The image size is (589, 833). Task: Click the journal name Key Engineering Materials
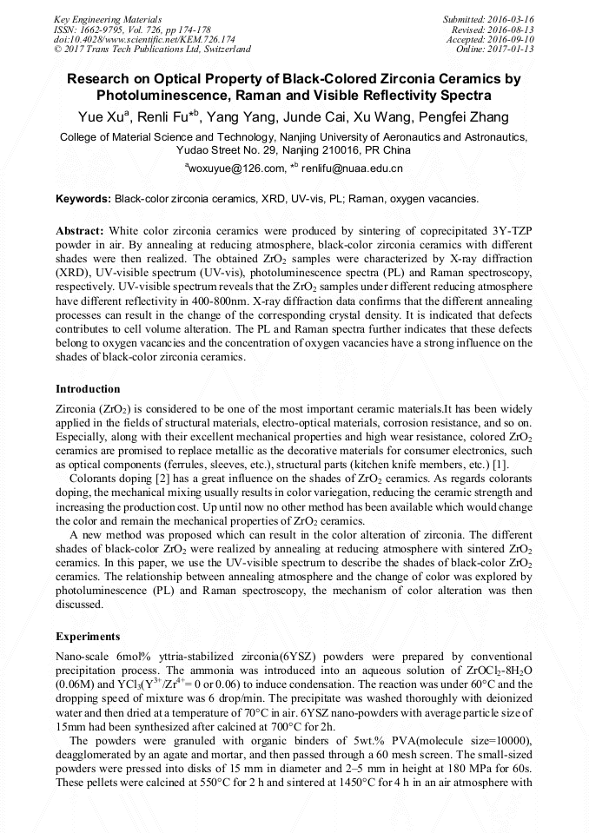[107, 18]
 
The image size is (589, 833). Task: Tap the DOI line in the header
[144, 39]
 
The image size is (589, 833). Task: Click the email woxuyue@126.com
[236, 169]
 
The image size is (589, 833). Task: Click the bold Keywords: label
[83, 199]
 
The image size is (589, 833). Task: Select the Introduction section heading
[88, 388]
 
